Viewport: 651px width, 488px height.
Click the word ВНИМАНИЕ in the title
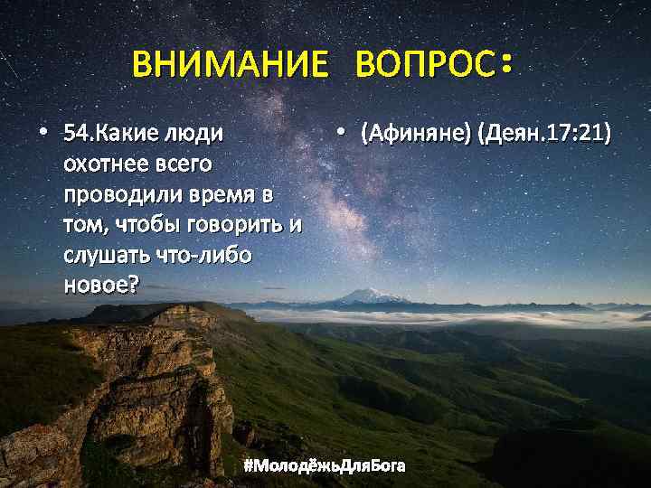[x=230, y=65]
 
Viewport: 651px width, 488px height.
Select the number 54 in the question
[x=74, y=136]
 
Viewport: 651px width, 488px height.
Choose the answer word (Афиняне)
[x=416, y=136]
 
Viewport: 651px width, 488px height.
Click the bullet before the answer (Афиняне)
[x=340, y=134]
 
